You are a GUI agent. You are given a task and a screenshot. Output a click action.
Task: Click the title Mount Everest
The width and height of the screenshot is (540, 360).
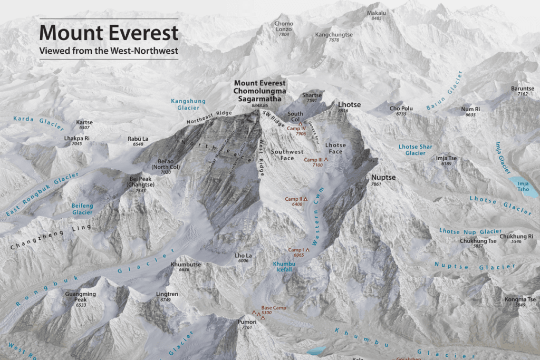tap(109, 33)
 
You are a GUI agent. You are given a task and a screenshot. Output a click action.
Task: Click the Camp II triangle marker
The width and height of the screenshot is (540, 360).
tap(305, 199)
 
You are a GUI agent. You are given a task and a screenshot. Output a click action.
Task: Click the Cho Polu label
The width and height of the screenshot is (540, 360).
tap(401, 108)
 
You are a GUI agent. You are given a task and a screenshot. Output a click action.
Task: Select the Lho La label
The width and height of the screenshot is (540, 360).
tap(243, 256)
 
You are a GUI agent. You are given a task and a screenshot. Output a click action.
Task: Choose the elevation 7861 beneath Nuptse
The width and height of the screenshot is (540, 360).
tap(376, 184)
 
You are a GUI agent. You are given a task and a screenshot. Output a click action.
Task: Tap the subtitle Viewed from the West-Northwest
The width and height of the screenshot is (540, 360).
tap(109, 51)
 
